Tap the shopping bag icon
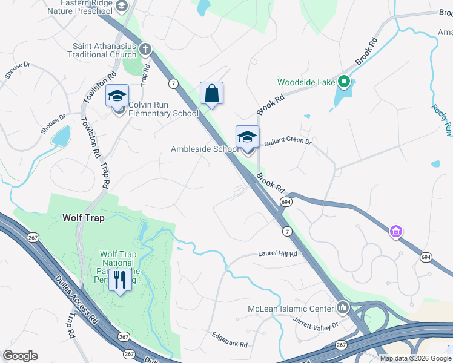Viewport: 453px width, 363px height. pyautogui.click(x=211, y=94)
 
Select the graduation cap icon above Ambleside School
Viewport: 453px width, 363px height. pyautogui.click(x=247, y=137)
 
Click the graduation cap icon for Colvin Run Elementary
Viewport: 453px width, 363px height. pyautogui.click(x=117, y=96)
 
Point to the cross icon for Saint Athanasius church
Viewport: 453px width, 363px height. pyautogui.click(x=145, y=49)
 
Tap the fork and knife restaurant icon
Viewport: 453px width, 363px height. pyautogui.click(x=120, y=280)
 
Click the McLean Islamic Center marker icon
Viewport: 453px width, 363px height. pyautogui.click(x=343, y=309)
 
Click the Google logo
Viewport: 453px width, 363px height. pyautogui.click(x=20, y=356)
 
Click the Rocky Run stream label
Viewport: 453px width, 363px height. pyautogui.click(x=442, y=119)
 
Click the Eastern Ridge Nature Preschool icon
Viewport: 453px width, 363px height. pyautogui.click(x=121, y=7)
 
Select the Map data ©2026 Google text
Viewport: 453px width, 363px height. pyautogui.click(x=415, y=358)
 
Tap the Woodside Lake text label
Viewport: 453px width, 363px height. pyautogui.click(x=306, y=82)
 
